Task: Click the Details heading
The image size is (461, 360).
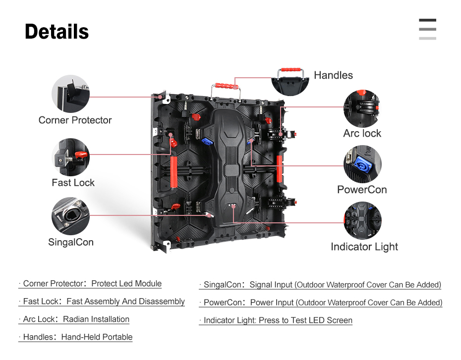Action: click(x=57, y=32)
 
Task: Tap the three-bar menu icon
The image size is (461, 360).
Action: click(x=427, y=29)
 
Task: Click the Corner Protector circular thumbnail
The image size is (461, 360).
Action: click(x=70, y=94)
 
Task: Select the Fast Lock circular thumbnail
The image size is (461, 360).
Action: click(x=70, y=157)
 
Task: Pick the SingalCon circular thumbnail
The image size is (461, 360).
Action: click(x=70, y=216)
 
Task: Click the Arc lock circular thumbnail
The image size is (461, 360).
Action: click(x=362, y=108)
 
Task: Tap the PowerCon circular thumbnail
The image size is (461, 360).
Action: click(x=362, y=164)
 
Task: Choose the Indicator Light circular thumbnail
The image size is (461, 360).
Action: click(x=362, y=220)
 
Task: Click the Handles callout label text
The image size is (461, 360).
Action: click(x=333, y=75)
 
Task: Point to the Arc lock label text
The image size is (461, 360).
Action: click(x=362, y=133)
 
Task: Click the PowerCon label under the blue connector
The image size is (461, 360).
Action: click(x=362, y=190)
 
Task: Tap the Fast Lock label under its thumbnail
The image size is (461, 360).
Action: click(x=73, y=183)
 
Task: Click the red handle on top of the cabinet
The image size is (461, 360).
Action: click(x=227, y=86)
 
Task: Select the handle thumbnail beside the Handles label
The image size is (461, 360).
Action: click(x=290, y=82)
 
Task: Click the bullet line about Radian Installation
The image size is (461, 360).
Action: click(x=74, y=319)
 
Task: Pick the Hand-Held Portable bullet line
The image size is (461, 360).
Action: click(x=75, y=337)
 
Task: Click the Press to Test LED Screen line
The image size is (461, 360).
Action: click(x=276, y=320)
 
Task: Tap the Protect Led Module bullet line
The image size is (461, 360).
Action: click(x=90, y=284)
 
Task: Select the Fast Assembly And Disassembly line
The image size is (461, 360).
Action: click(x=102, y=302)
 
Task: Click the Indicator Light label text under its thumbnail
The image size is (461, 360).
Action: click(x=364, y=247)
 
